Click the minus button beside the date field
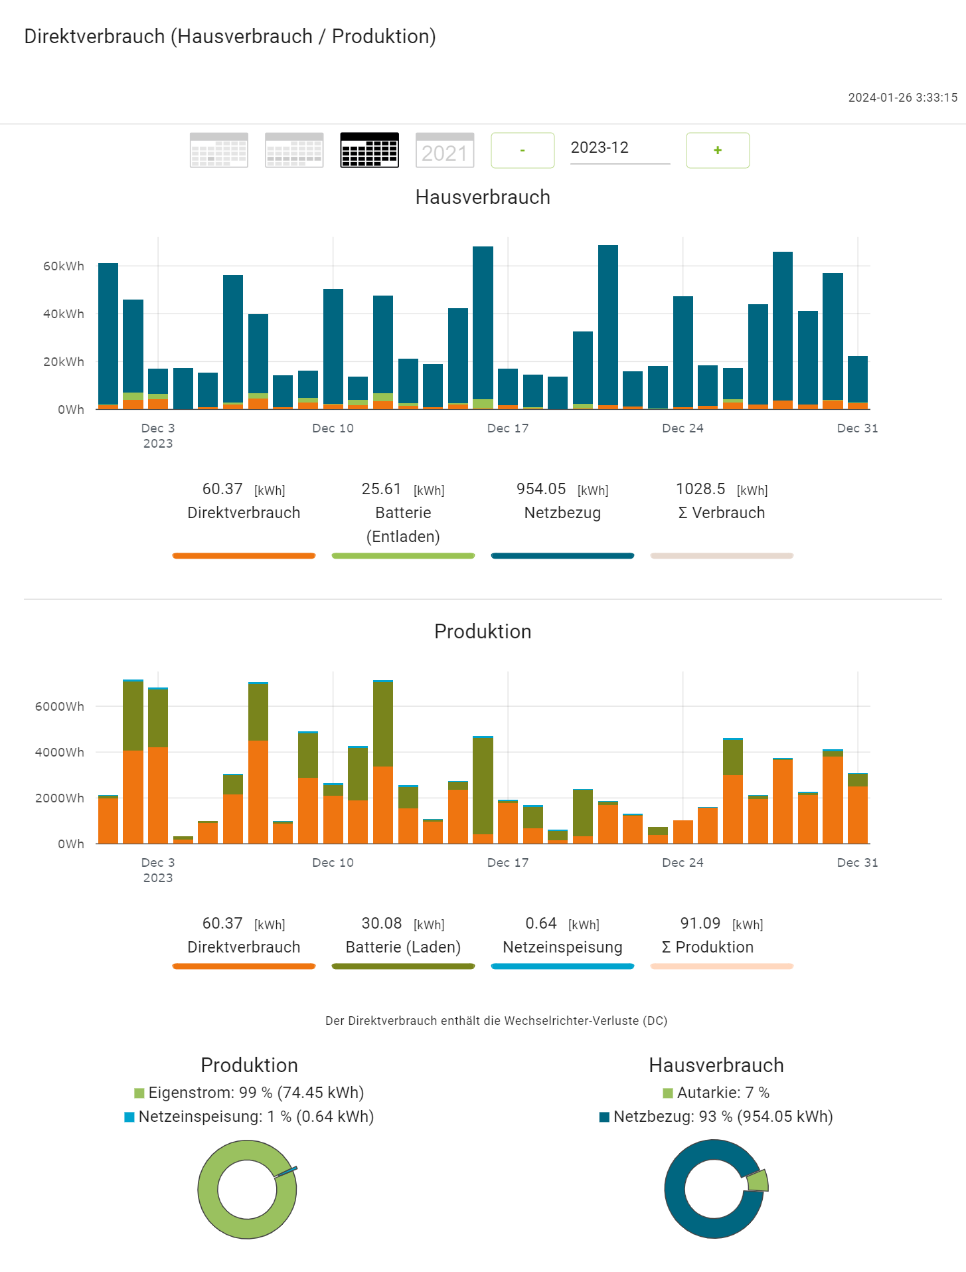(523, 150)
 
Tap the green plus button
(717, 150)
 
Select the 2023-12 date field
(619, 148)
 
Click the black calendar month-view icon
(369, 150)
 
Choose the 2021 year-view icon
(444, 150)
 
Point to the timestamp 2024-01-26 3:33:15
(902, 98)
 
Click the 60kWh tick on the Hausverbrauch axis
(64, 266)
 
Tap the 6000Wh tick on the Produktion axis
(60, 707)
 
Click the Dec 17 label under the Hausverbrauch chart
(508, 428)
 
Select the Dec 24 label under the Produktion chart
(683, 863)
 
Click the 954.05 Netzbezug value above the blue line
(541, 490)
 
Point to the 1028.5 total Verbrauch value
(700, 490)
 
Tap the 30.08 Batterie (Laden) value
(382, 924)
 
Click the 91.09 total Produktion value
(700, 924)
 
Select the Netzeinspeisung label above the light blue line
(562, 947)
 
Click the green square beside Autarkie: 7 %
(668, 1093)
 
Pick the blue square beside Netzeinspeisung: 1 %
(129, 1117)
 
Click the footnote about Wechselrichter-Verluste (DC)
(496, 1021)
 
